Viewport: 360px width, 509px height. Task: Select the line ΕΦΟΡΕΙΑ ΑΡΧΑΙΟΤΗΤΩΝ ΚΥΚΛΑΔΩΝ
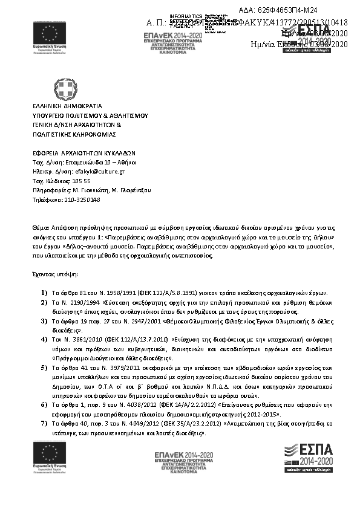[x=84, y=153]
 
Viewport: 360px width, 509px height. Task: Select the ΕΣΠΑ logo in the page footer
[x=308, y=456]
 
